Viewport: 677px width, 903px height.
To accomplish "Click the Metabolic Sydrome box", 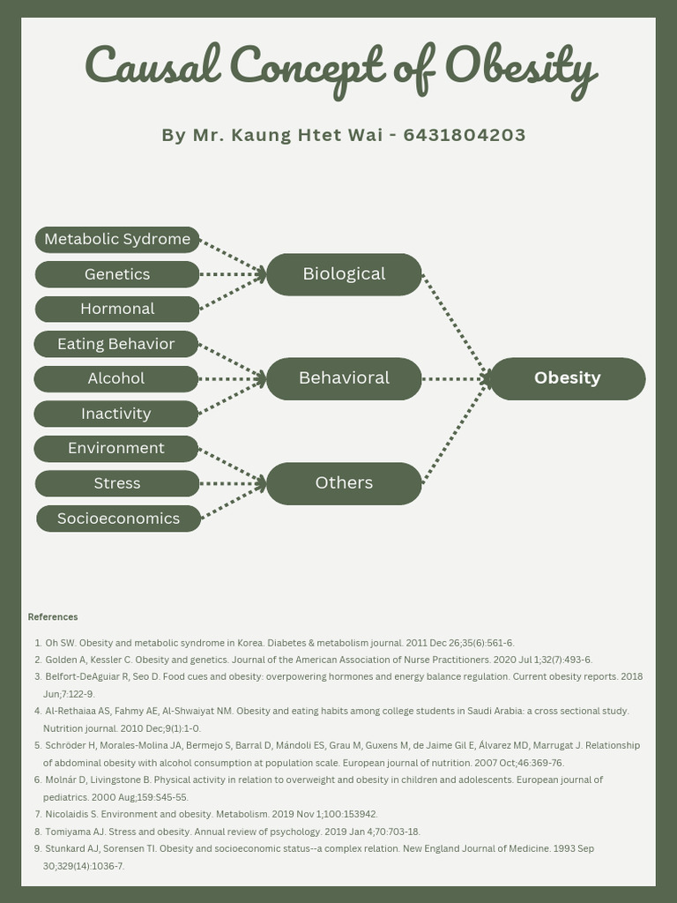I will (117, 240).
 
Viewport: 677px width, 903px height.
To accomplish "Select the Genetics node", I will (117, 274).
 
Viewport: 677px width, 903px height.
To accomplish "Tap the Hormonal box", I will (117, 309).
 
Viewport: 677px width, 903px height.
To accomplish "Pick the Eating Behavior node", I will (116, 344).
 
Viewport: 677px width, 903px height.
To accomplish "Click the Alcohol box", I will (116, 378).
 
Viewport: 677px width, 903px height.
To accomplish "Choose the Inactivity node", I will (116, 414).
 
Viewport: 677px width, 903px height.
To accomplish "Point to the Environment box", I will (116, 448).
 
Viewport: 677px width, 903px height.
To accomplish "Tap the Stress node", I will (117, 483).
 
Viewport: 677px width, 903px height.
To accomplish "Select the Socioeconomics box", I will (118, 519).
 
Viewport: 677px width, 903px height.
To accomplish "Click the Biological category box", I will (344, 274).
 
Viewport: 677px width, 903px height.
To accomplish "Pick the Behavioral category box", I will (344, 378).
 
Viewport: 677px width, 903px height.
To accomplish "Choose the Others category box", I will (344, 483).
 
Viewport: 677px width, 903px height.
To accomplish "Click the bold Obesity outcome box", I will (567, 378).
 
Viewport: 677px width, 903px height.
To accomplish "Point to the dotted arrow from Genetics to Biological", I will (233, 274).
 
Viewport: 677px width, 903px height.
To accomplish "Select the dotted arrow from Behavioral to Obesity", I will (455, 379).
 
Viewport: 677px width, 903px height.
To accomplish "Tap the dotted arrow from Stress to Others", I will (233, 483).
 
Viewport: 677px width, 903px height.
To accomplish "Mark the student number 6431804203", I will (465, 136).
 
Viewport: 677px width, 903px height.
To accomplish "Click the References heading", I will (53, 617).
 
